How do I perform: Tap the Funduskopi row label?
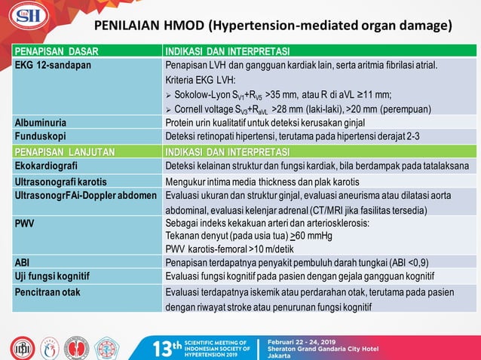(40, 136)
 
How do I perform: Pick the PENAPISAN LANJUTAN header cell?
(64, 151)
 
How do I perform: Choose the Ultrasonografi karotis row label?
(60, 182)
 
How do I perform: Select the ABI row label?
(22, 262)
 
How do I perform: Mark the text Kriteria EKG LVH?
(201, 80)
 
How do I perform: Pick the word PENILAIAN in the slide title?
(137, 26)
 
